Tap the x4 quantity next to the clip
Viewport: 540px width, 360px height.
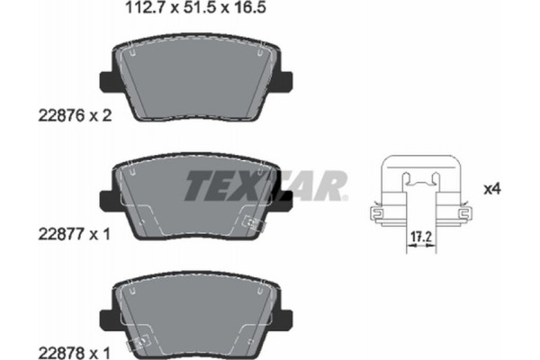click(491, 189)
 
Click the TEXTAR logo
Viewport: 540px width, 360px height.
click(265, 187)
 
